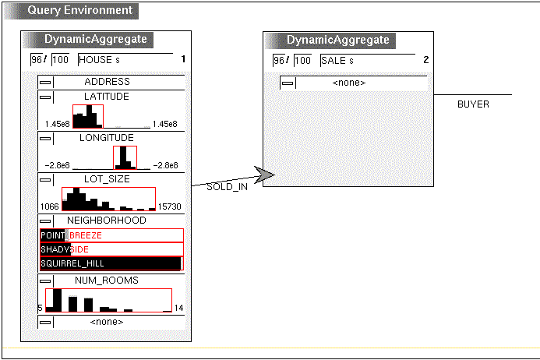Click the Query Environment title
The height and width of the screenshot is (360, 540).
(80, 10)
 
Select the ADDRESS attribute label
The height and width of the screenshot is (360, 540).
(107, 82)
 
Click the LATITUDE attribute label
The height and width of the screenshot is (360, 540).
(107, 97)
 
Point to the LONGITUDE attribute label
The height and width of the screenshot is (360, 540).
(107, 138)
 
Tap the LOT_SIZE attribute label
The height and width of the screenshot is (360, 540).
(107, 179)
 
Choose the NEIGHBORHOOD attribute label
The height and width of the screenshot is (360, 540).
(107, 221)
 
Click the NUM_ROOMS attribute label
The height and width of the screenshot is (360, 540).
(107, 281)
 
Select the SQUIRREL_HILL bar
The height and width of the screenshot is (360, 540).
(111, 263)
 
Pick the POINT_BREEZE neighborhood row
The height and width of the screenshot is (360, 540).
(111, 235)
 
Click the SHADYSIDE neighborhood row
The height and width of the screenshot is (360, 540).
(111, 249)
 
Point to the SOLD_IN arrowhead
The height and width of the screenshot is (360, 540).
(264, 175)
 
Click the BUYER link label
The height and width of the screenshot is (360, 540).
(473, 104)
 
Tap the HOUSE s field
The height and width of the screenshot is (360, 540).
(125, 60)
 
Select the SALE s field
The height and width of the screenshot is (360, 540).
(368, 61)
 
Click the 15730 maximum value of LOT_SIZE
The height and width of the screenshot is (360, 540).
(169, 206)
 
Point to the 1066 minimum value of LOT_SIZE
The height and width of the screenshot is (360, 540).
(50, 206)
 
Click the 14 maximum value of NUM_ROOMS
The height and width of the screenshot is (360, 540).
(178, 308)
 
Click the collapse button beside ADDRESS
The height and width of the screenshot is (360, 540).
(45, 82)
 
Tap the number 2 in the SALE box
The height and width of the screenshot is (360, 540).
(426, 60)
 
